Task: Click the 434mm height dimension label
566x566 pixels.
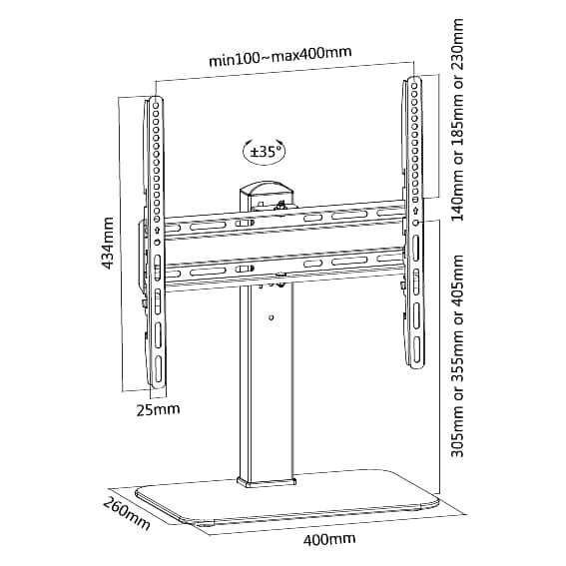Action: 107,243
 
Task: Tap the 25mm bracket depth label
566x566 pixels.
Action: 158,409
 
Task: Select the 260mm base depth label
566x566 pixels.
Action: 127,513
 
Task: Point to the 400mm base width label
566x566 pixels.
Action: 328,539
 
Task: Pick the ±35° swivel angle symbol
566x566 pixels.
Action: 265,152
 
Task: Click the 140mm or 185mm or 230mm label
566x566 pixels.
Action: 457,120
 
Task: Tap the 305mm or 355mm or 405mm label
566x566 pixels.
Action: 457,356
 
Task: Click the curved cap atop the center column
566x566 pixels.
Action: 266,188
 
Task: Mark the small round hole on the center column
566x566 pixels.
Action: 272,317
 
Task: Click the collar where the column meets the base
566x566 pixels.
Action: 267,482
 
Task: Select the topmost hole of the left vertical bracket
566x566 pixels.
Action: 156,106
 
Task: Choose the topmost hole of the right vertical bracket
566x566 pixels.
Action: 414,86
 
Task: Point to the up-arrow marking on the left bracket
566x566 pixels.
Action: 157,230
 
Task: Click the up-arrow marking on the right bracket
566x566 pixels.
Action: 415,210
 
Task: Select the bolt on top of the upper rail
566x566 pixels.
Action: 280,206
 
